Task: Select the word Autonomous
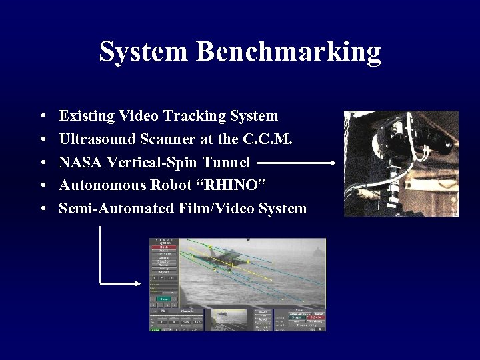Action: (101, 185)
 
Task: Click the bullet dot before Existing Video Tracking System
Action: (42, 117)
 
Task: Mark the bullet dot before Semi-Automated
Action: (42, 209)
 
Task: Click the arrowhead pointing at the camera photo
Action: (333, 162)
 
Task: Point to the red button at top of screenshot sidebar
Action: (163, 247)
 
